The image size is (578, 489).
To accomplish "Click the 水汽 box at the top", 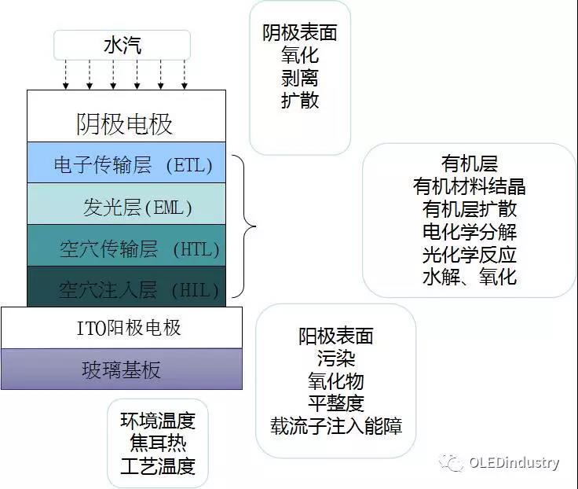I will coord(123,45).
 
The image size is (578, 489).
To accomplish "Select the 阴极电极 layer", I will coord(126,117).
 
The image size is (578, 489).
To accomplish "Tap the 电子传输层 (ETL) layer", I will coord(126,164).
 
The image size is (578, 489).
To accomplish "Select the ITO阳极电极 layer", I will coord(122,328).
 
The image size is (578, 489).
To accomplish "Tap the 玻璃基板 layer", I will coord(122,370).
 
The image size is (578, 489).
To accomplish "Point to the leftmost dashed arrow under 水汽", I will coord(66,75).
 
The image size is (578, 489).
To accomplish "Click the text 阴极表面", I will coord(300,33).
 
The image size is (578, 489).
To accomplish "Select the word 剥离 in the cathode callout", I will coord(300,78).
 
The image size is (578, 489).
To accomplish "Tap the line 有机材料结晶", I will coord(470,187).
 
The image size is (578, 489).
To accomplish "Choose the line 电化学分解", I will coord(470,232).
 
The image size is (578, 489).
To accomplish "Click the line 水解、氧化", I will coord(470,277).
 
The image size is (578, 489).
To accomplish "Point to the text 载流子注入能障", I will coord(336,427).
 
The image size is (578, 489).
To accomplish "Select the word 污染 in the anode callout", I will coord(336,359).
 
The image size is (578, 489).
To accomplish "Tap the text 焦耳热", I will coord(157,443).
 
